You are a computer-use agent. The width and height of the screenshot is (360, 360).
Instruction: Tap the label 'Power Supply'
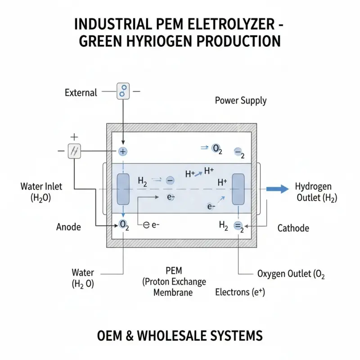[241, 100]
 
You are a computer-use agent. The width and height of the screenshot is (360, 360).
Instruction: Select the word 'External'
[81, 93]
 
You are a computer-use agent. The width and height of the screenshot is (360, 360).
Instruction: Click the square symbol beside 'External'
[122, 91]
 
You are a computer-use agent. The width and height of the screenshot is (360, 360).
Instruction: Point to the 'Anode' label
[69, 227]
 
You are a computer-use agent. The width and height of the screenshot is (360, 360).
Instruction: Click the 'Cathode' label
[293, 228]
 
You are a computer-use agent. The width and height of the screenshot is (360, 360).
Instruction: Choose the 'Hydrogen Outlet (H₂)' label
[314, 192]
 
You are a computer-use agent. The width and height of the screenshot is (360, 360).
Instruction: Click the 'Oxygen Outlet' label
[290, 273]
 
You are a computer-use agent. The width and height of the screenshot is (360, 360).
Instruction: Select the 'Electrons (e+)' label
[240, 292]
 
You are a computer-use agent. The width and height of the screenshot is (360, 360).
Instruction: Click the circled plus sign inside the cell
[123, 152]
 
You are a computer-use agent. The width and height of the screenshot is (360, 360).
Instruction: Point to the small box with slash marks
[74, 152]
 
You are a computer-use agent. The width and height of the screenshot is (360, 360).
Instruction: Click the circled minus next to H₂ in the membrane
[170, 180]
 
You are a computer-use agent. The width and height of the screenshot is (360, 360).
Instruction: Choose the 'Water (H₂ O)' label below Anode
[83, 278]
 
